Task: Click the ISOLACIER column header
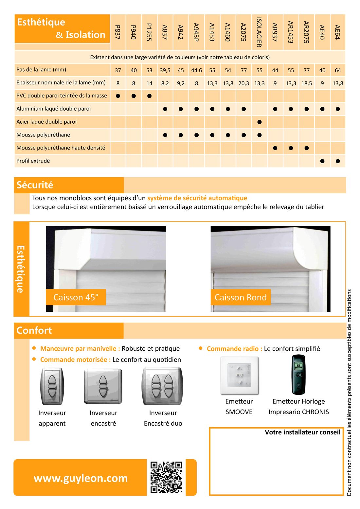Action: [x=259, y=32]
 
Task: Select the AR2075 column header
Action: [x=306, y=32]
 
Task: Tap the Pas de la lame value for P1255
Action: [x=149, y=70]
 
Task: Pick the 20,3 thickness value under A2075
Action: [x=243, y=83]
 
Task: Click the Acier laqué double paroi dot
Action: [x=260, y=122]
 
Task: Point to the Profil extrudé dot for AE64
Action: [x=338, y=161]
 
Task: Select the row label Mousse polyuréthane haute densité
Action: [x=61, y=148]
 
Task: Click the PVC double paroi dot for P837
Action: [x=118, y=96]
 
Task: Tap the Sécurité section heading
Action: [x=35, y=185]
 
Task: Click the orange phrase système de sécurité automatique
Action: [x=197, y=198]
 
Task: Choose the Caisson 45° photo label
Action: [x=76, y=297]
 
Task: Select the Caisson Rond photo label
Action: [x=241, y=297]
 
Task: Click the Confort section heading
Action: [x=34, y=330]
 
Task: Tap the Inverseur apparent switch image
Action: [x=52, y=386]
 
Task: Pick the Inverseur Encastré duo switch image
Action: [x=162, y=386]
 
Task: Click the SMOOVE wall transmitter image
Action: [x=240, y=375]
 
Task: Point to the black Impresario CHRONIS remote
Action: [x=298, y=375]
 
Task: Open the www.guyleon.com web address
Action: [x=81, y=478]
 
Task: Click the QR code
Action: [x=166, y=477]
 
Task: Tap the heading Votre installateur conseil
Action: [x=302, y=432]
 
